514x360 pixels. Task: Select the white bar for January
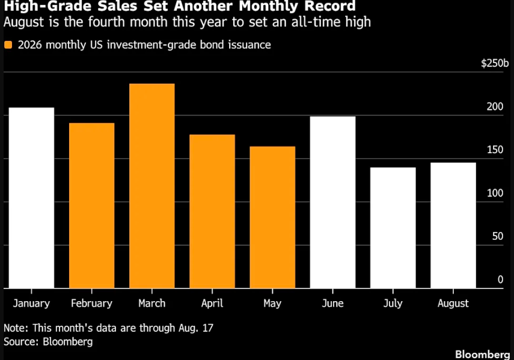coord(31,198)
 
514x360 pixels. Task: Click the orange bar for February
coord(92,206)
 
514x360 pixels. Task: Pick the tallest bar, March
coord(152,186)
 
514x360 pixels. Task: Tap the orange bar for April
coord(212,212)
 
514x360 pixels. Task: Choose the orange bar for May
coord(272,217)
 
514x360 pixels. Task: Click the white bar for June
coord(332,203)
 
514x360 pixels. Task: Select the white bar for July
coord(393,228)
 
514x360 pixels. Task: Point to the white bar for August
coord(453,225)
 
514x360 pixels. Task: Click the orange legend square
coord(8,45)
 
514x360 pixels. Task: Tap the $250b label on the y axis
coord(495,63)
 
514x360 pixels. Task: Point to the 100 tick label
coord(495,193)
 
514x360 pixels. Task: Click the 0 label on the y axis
coord(500,279)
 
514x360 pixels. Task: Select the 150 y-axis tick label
coord(495,150)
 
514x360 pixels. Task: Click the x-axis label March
coord(152,304)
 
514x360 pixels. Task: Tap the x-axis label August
coord(453,304)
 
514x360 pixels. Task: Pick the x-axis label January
coord(31,304)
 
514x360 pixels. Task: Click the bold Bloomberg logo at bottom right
coord(483,355)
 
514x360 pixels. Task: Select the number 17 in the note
coord(208,328)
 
